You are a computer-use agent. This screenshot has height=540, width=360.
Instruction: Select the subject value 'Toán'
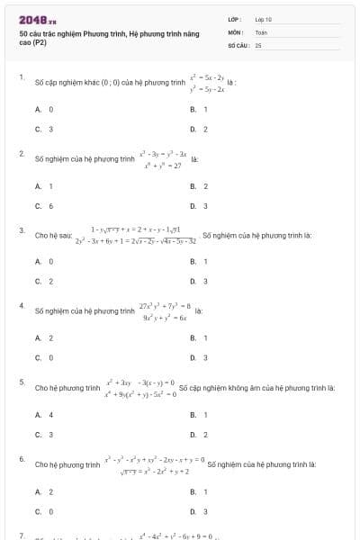261,31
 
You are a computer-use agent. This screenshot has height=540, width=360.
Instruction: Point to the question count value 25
258,44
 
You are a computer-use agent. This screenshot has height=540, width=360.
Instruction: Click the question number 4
21,306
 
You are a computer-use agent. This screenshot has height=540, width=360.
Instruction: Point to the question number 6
21,459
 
